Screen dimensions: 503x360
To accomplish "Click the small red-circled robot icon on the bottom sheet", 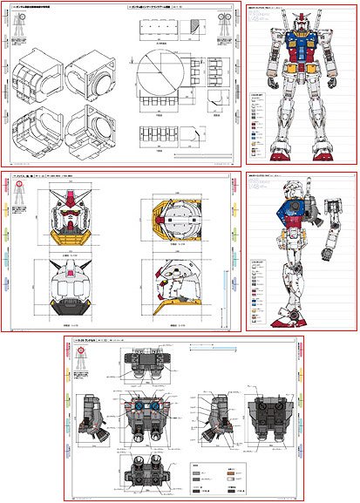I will tap(81, 352).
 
